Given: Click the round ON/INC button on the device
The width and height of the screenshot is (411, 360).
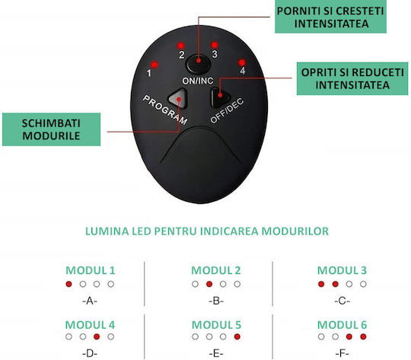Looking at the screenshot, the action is (199, 63).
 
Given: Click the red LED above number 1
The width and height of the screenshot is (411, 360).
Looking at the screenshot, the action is (155, 65).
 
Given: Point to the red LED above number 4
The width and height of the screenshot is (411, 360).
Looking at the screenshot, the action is (242, 62).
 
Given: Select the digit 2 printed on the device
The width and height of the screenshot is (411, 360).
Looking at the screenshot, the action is (181, 55).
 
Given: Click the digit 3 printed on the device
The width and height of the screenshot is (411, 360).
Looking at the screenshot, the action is (215, 54).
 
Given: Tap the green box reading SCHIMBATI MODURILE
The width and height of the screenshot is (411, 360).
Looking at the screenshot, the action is (52, 129).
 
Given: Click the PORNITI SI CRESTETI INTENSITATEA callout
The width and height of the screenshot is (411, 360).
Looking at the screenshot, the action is (330, 17).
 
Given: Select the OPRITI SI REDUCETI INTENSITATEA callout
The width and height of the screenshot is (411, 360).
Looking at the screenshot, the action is (352, 78).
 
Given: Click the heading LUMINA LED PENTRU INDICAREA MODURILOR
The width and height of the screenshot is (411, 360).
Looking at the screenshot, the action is (207, 231).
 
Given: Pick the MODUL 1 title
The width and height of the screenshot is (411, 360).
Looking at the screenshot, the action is (91, 270).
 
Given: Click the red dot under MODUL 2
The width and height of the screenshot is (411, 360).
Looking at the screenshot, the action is (209, 284).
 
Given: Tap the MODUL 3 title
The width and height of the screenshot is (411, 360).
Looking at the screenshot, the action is (342, 270).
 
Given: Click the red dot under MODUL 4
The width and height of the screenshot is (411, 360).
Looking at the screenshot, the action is (97, 336).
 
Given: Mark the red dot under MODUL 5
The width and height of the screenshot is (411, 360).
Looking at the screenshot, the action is (237, 336).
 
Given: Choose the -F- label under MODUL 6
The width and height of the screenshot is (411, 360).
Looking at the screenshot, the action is (342, 354).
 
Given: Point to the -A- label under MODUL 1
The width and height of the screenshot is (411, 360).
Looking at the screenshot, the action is (90, 301).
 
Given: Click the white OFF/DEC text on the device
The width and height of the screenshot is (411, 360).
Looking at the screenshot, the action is (227, 110).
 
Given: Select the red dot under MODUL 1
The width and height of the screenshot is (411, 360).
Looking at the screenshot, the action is (68, 284).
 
